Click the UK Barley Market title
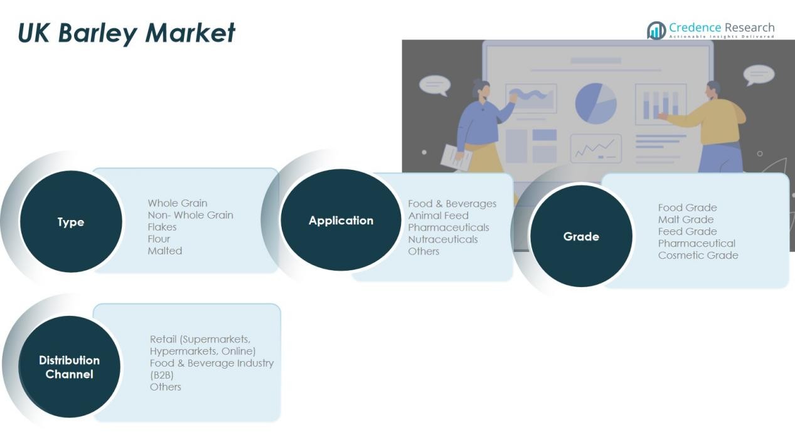click(x=126, y=33)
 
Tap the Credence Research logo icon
click(x=656, y=31)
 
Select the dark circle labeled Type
click(x=71, y=221)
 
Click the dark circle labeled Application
click(x=341, y=220)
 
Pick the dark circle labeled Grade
click(x=581, y=236)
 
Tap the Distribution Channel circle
click(x=69, y=367)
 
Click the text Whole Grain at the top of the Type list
click(x=178, y=203)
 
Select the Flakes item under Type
click(x=162, y=227)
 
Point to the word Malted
click(x=164, y=251)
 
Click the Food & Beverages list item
click(x=452, y=204)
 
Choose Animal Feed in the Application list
click(x=438, y=216)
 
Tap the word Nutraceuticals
click(x=442, y=239)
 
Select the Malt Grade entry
click(x=685, y=219)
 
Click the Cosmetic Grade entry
click(x=698, y=255)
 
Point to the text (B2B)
click(x=161, y=375)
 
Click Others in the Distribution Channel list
click(x=166, y=387)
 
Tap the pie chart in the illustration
click(x=596, y=103)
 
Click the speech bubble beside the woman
click(x=435, y=85)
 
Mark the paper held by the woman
click(x=456, y=157)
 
